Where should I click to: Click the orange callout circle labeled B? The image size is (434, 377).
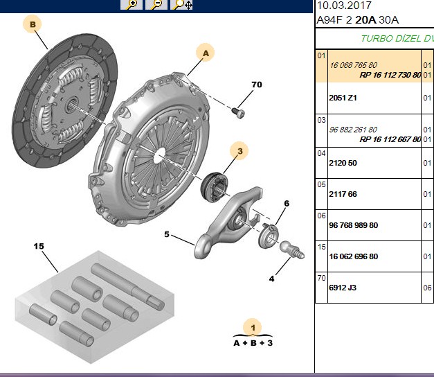click(x=33, y=24)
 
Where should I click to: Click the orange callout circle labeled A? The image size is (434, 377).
click(x=206, y=53)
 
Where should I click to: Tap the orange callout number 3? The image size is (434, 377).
click(x=239, y=151)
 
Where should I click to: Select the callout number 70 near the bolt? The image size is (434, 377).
click(x=257, y=85)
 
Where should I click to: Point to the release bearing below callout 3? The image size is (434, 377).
click(x=215, y=187)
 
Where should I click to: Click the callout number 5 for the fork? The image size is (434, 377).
click(x=166, y=234)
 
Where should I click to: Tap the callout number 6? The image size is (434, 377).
click(x=287, y=204)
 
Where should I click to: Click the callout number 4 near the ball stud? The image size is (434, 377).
click(x=271, y=279)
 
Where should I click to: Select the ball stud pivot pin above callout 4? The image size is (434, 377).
click(x=292, y=249)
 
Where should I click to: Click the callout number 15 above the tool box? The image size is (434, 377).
click(x=39, y=246)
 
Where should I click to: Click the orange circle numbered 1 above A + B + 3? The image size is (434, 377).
click(x=253, y=328)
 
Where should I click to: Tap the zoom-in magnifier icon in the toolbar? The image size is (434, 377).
click(x=132, y=5)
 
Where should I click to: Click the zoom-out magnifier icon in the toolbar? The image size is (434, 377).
click(x=156, y=5)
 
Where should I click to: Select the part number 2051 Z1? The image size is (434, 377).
click(x=343, y=98)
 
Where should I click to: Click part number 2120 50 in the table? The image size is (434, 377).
click(x=343, y=163)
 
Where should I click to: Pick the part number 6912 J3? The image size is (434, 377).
click(x=343, y=288)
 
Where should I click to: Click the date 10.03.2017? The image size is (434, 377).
click(x=344, y=6)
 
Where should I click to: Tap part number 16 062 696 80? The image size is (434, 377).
click(x=354, y=256)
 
